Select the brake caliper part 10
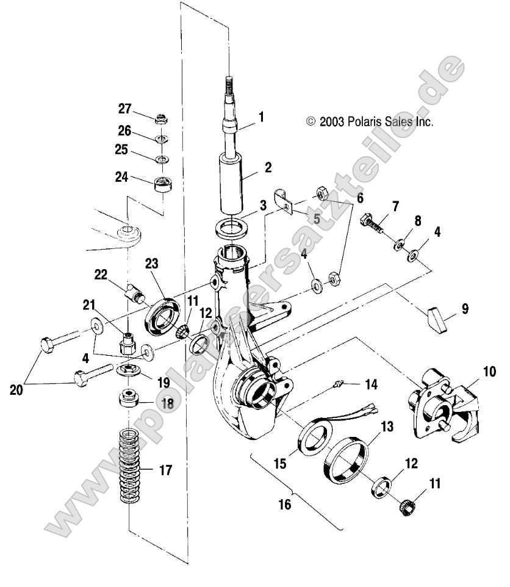click(441, 403)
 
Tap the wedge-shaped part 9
click(439, 318)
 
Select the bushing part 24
click(162, 183)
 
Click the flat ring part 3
click(231, 229)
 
